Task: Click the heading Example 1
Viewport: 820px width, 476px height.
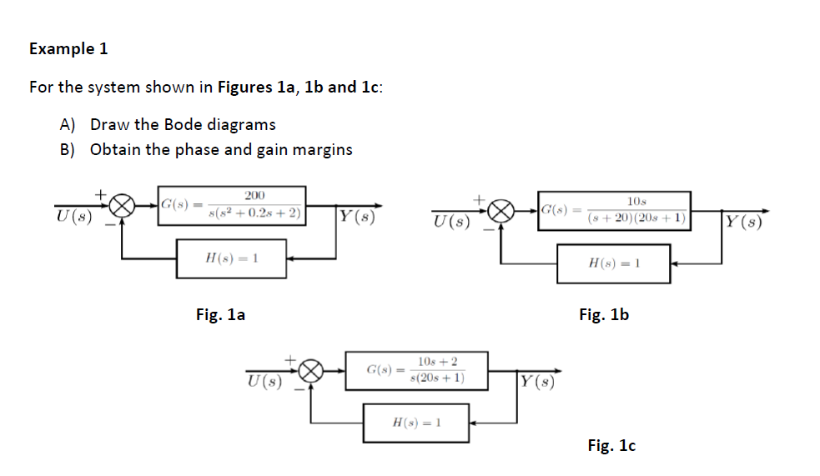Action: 68,48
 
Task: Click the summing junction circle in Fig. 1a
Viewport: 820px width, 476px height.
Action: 123,204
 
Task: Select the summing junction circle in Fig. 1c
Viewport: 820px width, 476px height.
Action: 312,370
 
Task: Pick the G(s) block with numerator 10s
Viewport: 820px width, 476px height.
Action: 614,210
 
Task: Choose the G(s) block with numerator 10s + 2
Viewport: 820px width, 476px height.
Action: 417,370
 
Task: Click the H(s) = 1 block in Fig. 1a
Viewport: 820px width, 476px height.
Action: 231,258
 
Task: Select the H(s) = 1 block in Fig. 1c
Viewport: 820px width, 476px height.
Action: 415,423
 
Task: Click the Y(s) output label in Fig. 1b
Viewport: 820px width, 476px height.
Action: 742,223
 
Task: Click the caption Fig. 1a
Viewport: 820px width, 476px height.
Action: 220,314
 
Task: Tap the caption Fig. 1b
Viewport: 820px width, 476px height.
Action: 603,314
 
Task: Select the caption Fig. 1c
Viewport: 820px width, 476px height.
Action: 611,446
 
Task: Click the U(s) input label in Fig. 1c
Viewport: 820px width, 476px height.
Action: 264,383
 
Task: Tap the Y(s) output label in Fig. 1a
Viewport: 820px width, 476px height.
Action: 355,218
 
